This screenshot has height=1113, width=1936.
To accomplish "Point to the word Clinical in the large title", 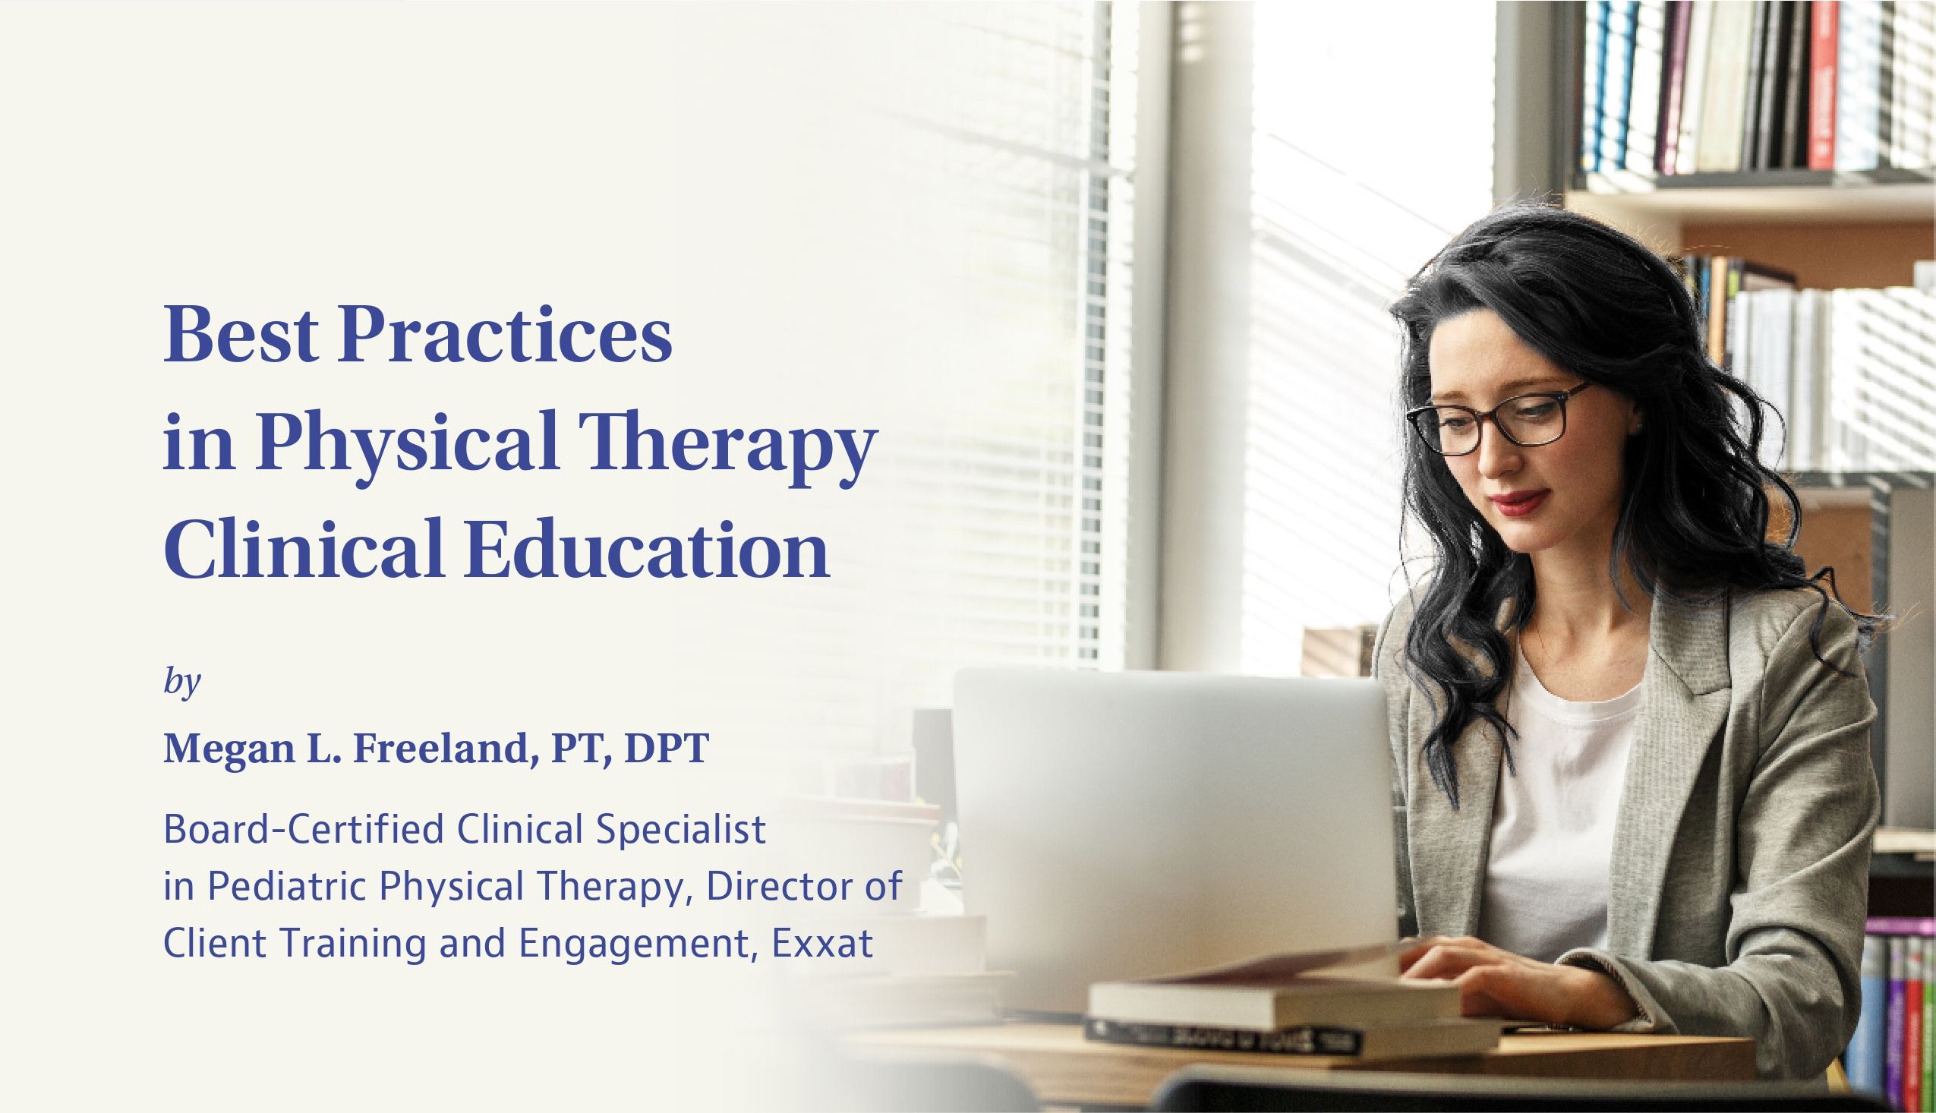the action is pos(304,548).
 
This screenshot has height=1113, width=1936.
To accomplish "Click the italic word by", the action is pos(182,681).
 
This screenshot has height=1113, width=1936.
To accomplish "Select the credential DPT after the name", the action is pos(667,749).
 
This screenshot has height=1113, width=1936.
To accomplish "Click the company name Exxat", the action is pos(822,943).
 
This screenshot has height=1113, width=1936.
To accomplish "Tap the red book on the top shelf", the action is pos(1823,84).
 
